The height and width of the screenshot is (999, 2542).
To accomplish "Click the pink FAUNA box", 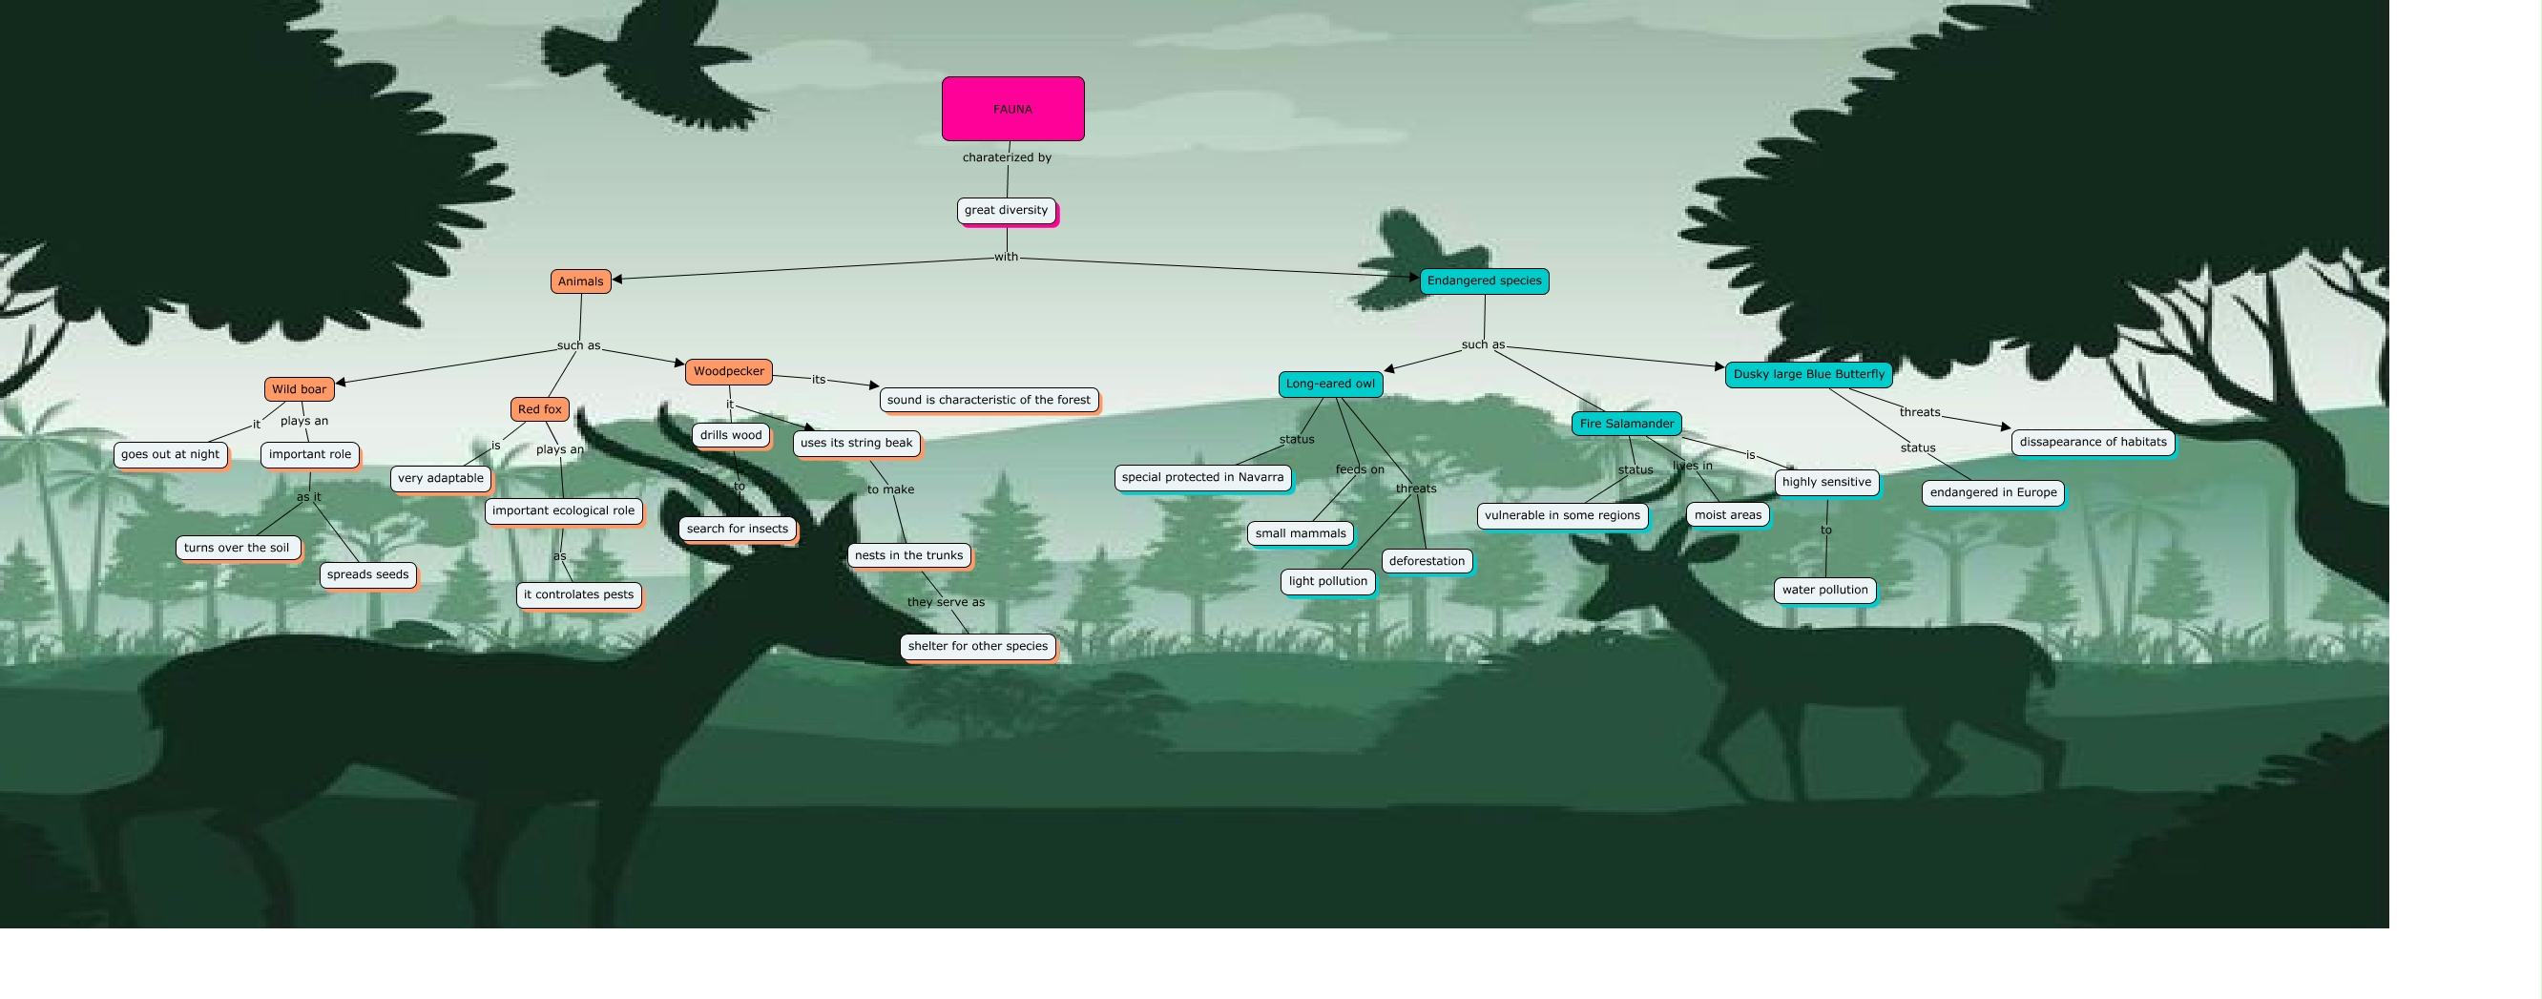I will (x=1012, y=109).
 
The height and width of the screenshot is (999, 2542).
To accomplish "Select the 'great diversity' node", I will (x=1006, y=210).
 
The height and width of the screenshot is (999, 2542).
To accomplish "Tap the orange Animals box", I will (x=580, y=281).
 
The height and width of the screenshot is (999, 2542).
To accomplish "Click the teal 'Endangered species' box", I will (x=1483, y=281).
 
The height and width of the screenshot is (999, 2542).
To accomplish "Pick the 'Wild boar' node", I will (x=299, y=389).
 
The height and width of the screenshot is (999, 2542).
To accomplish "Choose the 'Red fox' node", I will (x=540, y=408).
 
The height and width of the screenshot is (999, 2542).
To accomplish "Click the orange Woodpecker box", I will (x=728, y=371).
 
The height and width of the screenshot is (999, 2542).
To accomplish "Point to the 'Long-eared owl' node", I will (x=1329, y=384).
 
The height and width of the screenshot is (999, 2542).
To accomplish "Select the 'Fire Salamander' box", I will (x=1626, y=424).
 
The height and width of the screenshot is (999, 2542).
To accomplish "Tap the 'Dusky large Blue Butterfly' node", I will (x=1808, y=374).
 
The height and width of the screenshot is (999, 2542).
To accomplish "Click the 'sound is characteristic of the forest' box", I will (x=988, y=400).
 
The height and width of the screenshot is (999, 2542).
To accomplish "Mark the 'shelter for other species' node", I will (x=977, y=646).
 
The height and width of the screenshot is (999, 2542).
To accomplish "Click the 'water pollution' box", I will (x=1823, y=590).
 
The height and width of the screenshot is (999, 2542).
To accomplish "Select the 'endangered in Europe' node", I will (x=1992, y=492).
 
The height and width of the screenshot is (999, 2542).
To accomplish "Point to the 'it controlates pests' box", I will (x=578, y=594).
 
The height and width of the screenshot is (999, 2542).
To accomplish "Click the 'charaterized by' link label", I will (x=1007, y=156).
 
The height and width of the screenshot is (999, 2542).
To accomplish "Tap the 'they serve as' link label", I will (x=946, y=602).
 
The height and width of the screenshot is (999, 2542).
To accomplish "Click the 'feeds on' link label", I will (x=1359, y=468).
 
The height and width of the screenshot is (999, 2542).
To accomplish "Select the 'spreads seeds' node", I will (x=367, y=574).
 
